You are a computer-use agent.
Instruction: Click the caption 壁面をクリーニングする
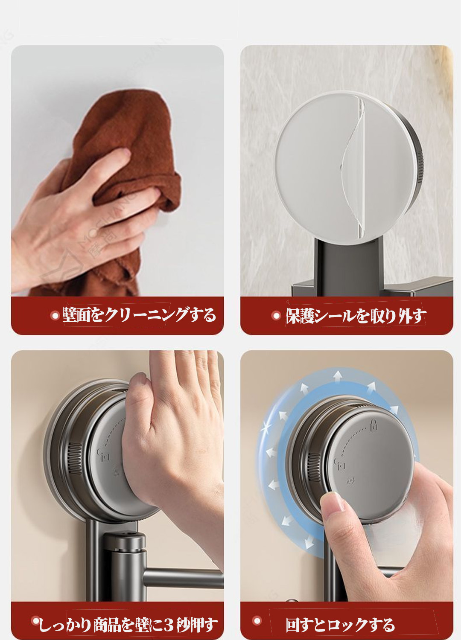(x=139, y=315)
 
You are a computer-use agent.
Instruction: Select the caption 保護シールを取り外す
(x=356, y=316)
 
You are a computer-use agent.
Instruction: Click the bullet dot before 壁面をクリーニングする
(x=54, y=316)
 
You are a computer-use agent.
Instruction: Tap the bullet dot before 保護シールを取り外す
(x=276, y=316)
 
